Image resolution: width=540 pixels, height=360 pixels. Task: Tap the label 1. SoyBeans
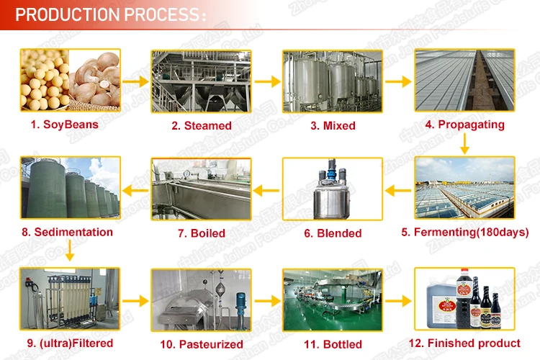coord(65,125)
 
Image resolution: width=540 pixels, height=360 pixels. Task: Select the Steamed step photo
coord(201,81)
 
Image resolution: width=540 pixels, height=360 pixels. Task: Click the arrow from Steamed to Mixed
coord(266,81)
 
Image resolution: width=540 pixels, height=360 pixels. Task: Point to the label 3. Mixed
coord(333,125)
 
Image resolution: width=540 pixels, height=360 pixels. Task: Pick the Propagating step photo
coord(465,81)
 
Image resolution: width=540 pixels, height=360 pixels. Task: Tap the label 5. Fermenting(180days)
coord(465,233)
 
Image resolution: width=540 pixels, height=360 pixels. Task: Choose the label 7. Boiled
coord(201,233)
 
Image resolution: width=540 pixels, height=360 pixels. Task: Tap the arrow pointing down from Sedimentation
coord(69,252)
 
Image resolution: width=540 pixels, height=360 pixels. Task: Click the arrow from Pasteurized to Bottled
coord(266,300)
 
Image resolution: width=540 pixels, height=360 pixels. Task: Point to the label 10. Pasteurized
coord(201,344)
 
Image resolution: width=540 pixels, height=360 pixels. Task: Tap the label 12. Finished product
coord(465,343)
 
